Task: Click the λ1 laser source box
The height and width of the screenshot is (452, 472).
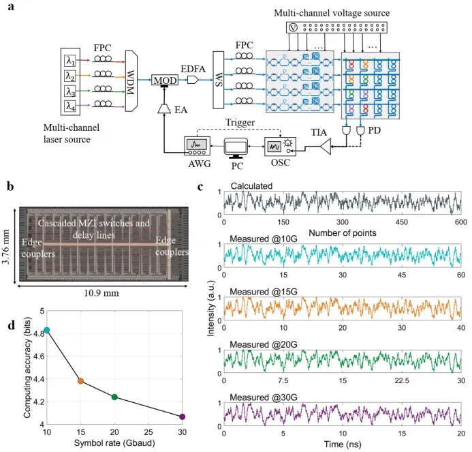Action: tap(71, 59)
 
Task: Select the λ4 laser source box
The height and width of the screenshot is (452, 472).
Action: tap(71, 106)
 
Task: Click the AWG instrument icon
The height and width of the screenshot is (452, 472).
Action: tap(196, 145)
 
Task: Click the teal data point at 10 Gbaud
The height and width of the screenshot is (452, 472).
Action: tap(47, 330)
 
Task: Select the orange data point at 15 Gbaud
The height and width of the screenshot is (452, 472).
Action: tap(80, 381)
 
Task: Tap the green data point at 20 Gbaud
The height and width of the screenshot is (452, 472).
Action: tap(114, 397)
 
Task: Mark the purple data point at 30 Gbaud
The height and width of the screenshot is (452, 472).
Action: tap(182, 417)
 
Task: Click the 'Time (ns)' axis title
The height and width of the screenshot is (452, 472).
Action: tap(342, 444)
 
